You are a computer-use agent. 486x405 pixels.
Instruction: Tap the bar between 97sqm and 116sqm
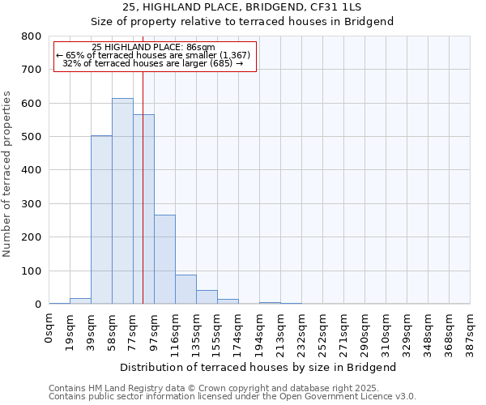click(x=164, y=259)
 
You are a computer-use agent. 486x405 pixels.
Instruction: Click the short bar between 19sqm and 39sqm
click(x=80, y=301)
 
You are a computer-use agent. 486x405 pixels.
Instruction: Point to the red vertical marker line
click(x=143, y=186)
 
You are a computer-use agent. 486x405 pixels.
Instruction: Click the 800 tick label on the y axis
click(x=32, y=36)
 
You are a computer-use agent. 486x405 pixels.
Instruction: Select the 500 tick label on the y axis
click(x=32, y=137)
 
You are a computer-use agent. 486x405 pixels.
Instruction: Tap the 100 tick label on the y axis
click(x=32, y=271)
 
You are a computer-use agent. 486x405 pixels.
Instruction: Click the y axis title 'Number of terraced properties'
click(x=7, y=174)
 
